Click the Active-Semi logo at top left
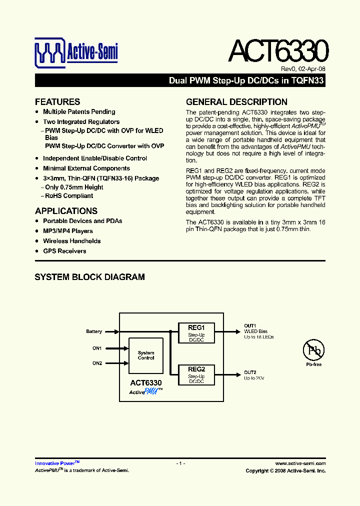click(76, 52)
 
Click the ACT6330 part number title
click(278, 51)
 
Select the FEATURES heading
click(57, 101)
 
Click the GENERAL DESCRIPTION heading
click(236, 101)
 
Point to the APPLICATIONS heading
click(66, 211)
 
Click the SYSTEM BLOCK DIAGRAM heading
click(89, 277)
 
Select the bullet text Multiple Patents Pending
click(79, 112)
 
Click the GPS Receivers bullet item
click(64, 251)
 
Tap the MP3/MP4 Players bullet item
click(68, 231)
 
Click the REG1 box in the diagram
click(196, 332)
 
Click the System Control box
click(146, 355)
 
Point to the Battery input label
click(94, 331)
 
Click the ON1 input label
click(97, 348)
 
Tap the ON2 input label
click(97, 363)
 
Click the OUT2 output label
click(250, 372)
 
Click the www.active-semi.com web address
click(300, 463)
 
